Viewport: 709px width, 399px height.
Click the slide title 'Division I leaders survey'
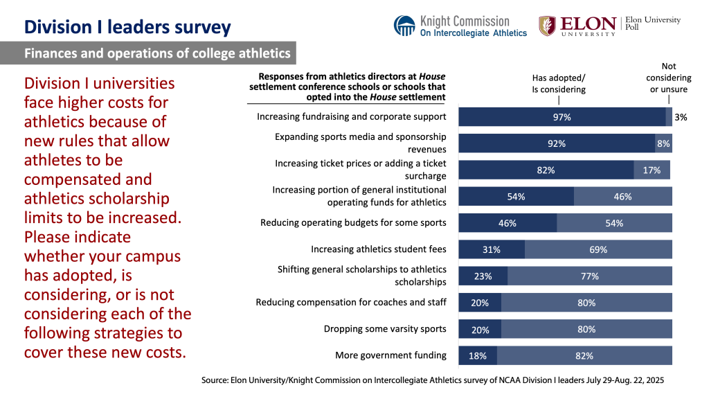point(127,27)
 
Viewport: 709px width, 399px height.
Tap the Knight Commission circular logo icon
point(405,26)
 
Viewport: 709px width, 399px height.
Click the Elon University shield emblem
point(547,26)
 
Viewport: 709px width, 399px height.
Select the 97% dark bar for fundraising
point(562,117)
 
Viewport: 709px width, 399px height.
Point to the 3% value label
point(681,117)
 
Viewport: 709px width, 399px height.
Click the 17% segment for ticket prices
point(652,170)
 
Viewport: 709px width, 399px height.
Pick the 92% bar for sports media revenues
point(557,143)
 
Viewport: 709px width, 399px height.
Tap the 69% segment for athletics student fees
point(598,249)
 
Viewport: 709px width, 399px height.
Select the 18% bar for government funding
point(478,355)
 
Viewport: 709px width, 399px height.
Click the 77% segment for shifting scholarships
point(589,276)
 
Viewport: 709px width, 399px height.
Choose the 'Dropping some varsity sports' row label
point(385,329)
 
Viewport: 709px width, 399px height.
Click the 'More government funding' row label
point(391,355)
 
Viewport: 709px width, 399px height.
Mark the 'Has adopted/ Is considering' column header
point(559,84)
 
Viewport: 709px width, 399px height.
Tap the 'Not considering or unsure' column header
point(668,78)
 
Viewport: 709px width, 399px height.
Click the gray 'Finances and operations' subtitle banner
point(148,53)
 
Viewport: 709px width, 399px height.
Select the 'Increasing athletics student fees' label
point(378,249)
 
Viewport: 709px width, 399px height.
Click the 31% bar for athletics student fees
point(492,249)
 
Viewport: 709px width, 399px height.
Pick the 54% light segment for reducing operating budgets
point(614,223)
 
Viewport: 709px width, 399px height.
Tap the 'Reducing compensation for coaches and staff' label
point(351,303)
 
